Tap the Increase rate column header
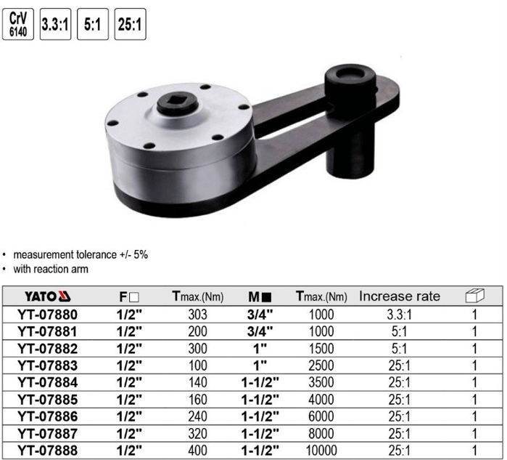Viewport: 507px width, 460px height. point(400,296)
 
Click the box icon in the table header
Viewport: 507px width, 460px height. point(474,296)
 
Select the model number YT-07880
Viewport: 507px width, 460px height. point(47,315)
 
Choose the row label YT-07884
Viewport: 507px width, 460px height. point(47,382)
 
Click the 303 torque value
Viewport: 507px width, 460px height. point(197,315)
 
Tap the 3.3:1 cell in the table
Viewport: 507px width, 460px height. point(400,315)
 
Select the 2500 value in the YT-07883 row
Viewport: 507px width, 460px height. point(321,365)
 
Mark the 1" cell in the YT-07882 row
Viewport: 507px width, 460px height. point(259,348)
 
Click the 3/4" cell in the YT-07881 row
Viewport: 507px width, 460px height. point(259,331)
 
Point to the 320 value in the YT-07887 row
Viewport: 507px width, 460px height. point(197,432)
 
